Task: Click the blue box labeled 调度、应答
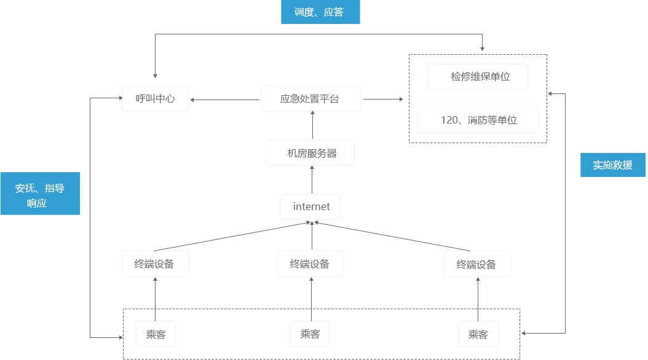[x=320, y=12]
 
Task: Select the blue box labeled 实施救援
[x=612, y=165]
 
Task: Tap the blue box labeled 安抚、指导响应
[x=40, y=194]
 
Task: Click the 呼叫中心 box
[x=156, y=99]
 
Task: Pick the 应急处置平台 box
[x=310, y=99]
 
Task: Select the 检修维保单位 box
[x=478, y=76]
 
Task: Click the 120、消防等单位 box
[x=478, y=120]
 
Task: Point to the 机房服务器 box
[x=310, y=153]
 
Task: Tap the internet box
[x=310, y=207]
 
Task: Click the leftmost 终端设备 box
[x=156, y=264]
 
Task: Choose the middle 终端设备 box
[x=310, y=264]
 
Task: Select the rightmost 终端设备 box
[x=478, y=264]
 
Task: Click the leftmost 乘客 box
[x=156, y=334]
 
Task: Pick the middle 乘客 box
[x=310, y=334]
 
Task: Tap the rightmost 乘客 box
[x=478, y=334]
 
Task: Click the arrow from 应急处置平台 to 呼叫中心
[x=225, y=100]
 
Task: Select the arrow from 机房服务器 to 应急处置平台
[x=312, y=125]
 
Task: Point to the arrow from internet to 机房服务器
[x=312, y=179]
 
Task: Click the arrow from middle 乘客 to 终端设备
[x=311, y=299]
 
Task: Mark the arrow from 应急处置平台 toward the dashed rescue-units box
[x=384, y=99]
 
